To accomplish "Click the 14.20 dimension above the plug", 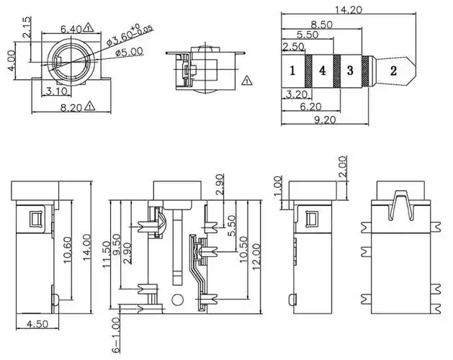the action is coord(349,10).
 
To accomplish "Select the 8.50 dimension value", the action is coord(321,24).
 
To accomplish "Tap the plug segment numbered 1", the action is coord(292,71).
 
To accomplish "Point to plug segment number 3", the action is coord(350,71).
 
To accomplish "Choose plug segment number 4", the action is coord(323,71).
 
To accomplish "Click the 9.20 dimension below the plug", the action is coord(325,120).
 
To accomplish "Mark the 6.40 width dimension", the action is coord(71,29).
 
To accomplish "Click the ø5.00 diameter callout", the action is coord(129,53).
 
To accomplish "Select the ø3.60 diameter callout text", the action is coord(130,35).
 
